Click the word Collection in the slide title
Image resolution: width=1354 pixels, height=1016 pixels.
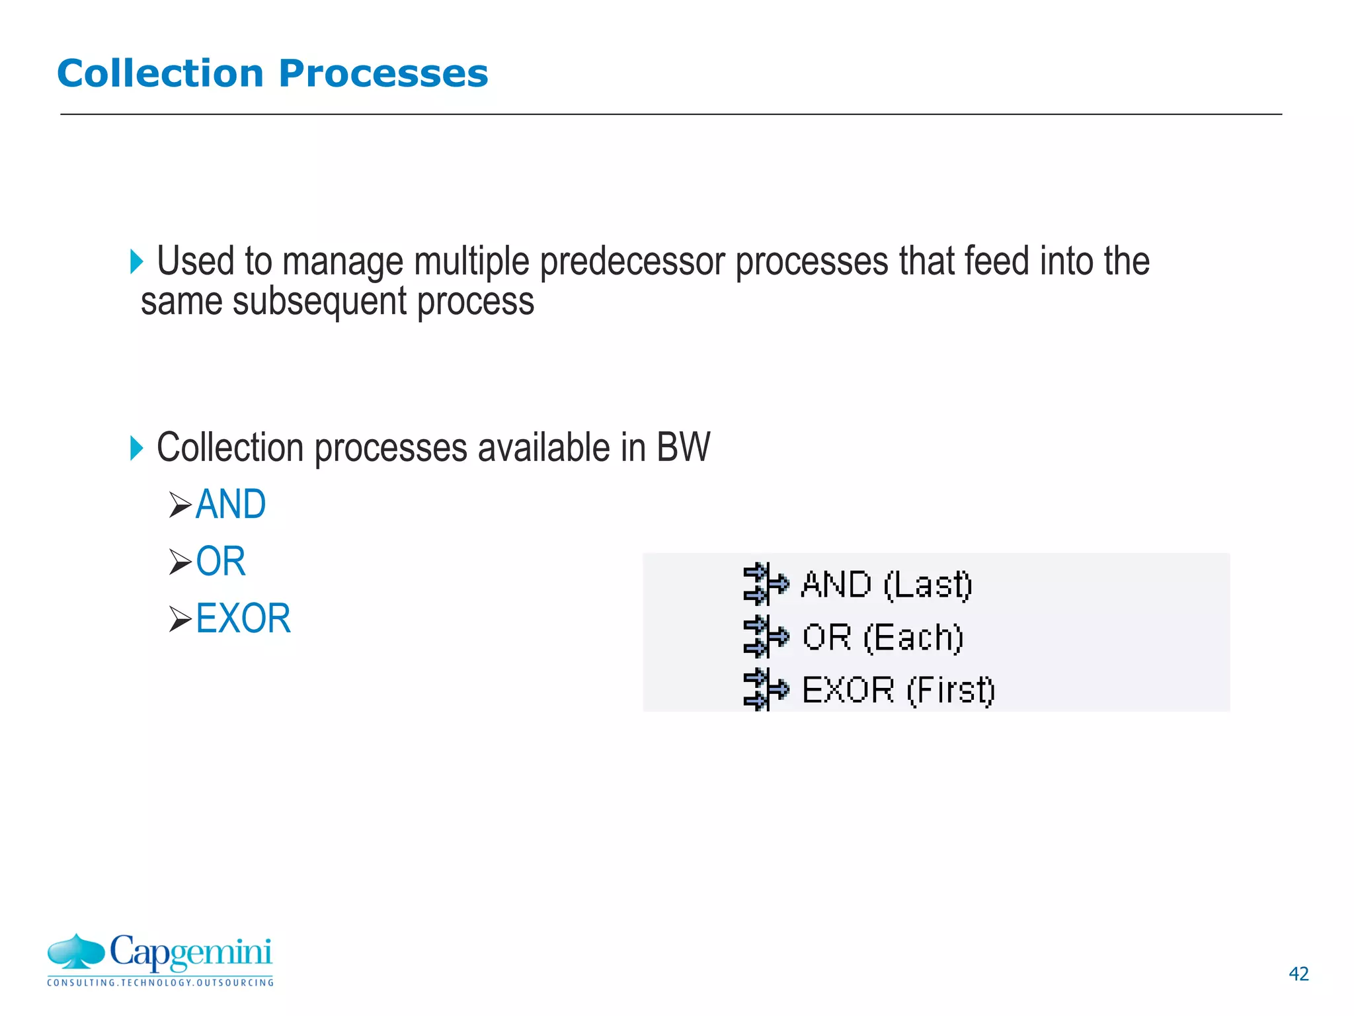[160, 73]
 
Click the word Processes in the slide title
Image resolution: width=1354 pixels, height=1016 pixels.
[383, 73]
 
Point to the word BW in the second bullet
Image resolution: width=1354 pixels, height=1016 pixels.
[683, 448]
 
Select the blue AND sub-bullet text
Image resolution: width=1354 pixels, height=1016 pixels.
[231, 505]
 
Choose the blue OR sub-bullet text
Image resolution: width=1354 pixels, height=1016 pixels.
[220, 562]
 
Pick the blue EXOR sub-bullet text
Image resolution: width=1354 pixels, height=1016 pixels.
[243, 618]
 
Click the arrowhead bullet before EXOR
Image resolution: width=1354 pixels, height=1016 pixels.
[180, 619]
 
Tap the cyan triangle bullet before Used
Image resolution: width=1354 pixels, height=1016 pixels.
[137, 262]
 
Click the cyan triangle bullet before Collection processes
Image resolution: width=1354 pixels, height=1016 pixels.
[137, 448]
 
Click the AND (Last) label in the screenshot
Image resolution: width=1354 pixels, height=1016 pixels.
[886, 585]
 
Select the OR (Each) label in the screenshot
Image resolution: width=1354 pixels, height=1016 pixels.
[882, 637]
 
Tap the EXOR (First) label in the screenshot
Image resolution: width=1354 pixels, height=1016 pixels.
[898, 690]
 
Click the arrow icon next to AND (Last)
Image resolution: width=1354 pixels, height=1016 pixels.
[765, 584]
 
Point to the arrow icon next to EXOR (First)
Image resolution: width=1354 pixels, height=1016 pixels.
[765, 689]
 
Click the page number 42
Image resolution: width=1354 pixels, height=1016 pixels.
[1298, 974]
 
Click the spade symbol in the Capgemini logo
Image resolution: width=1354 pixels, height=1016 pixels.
[76, 951]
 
